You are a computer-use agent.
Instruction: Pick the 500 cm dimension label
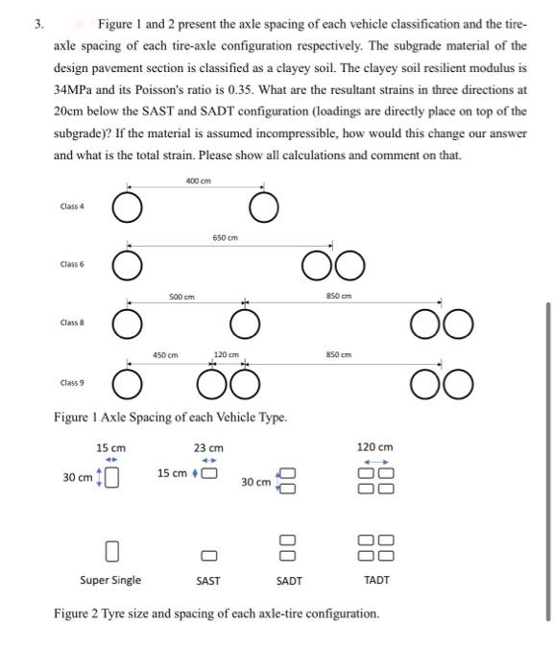(x=182, y=297)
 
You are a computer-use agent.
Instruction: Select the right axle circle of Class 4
(x=265, y=206)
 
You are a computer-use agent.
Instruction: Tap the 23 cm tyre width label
(x=207, y=448)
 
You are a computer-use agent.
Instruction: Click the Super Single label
(x=109, y=581)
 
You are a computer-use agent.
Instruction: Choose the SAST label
(x=207, y=581)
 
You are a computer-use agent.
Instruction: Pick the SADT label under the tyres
(x=289, y=581)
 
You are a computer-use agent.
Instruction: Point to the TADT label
(x=376, y=581)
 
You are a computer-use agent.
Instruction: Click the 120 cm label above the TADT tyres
(x=375, y=447)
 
